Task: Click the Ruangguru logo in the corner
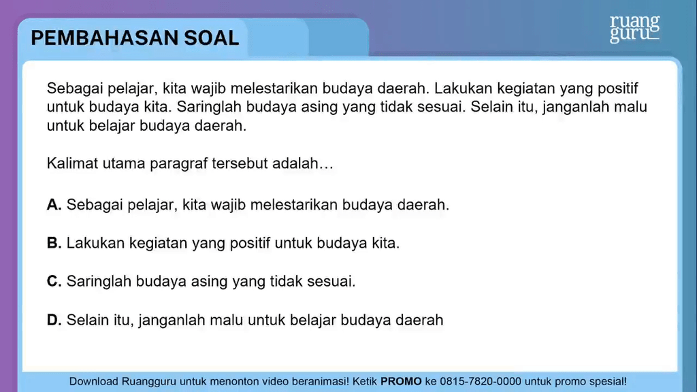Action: [634, 29]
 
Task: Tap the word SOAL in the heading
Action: [212, 38]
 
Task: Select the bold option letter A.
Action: [54, 204]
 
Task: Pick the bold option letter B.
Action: [54, 243]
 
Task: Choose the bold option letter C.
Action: [54, 281]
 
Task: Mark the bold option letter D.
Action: [54, 320]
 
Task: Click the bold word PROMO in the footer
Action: [401, 381]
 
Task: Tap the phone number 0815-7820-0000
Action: [481, 381]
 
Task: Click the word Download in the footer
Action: [93, 381]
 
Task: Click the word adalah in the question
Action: [297, 163]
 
